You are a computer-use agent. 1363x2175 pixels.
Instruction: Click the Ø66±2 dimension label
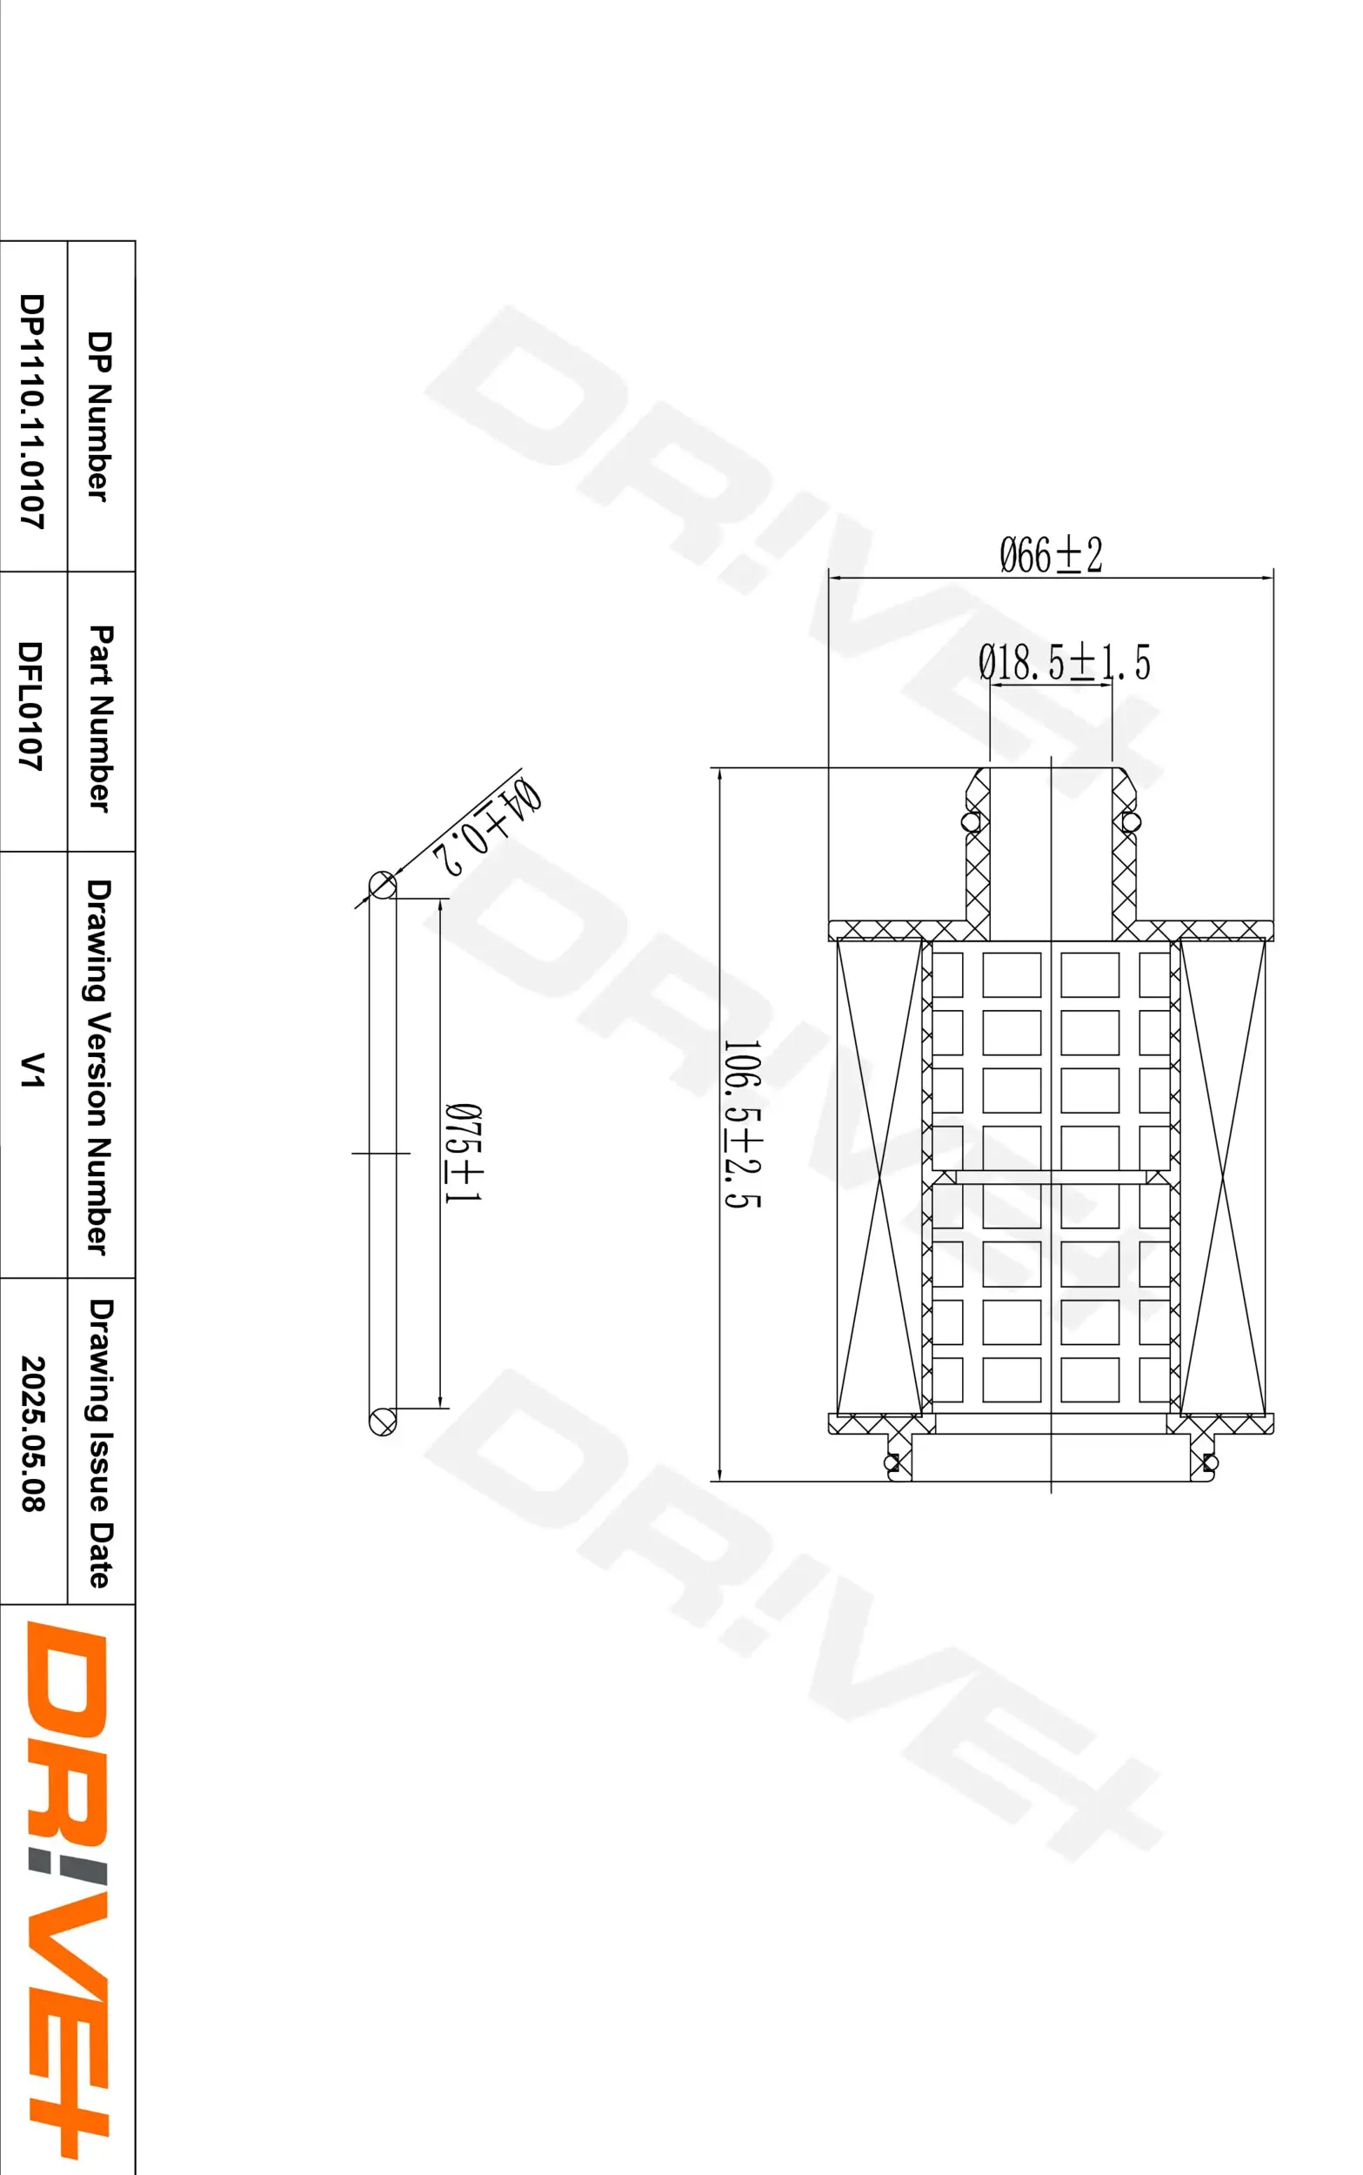pos(1051,555)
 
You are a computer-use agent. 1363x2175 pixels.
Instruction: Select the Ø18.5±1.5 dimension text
pos(1064,663)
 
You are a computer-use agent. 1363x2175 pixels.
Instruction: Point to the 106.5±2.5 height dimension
pos(743,1123)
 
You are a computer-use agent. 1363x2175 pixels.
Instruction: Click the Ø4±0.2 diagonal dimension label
pos(488,826)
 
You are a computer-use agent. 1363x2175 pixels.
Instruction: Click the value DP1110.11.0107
pos(31,411)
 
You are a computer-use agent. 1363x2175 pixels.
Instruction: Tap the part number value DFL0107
pos(31,706)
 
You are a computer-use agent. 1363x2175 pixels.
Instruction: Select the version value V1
pos(31,1070)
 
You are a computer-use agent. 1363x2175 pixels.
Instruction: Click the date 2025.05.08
pos(31,1434)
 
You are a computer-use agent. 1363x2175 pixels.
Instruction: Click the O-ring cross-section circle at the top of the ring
pos(382,885)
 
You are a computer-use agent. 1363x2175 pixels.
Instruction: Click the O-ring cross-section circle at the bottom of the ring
pos(382,1422)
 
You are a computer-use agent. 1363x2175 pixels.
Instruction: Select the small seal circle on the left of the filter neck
pos(971,822)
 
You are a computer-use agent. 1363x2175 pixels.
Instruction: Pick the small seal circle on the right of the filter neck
pos(1131,822)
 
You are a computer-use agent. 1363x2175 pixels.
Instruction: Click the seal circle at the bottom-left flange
pos(892,1462)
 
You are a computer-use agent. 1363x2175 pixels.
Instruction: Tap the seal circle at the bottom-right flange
pos(1210,1462)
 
